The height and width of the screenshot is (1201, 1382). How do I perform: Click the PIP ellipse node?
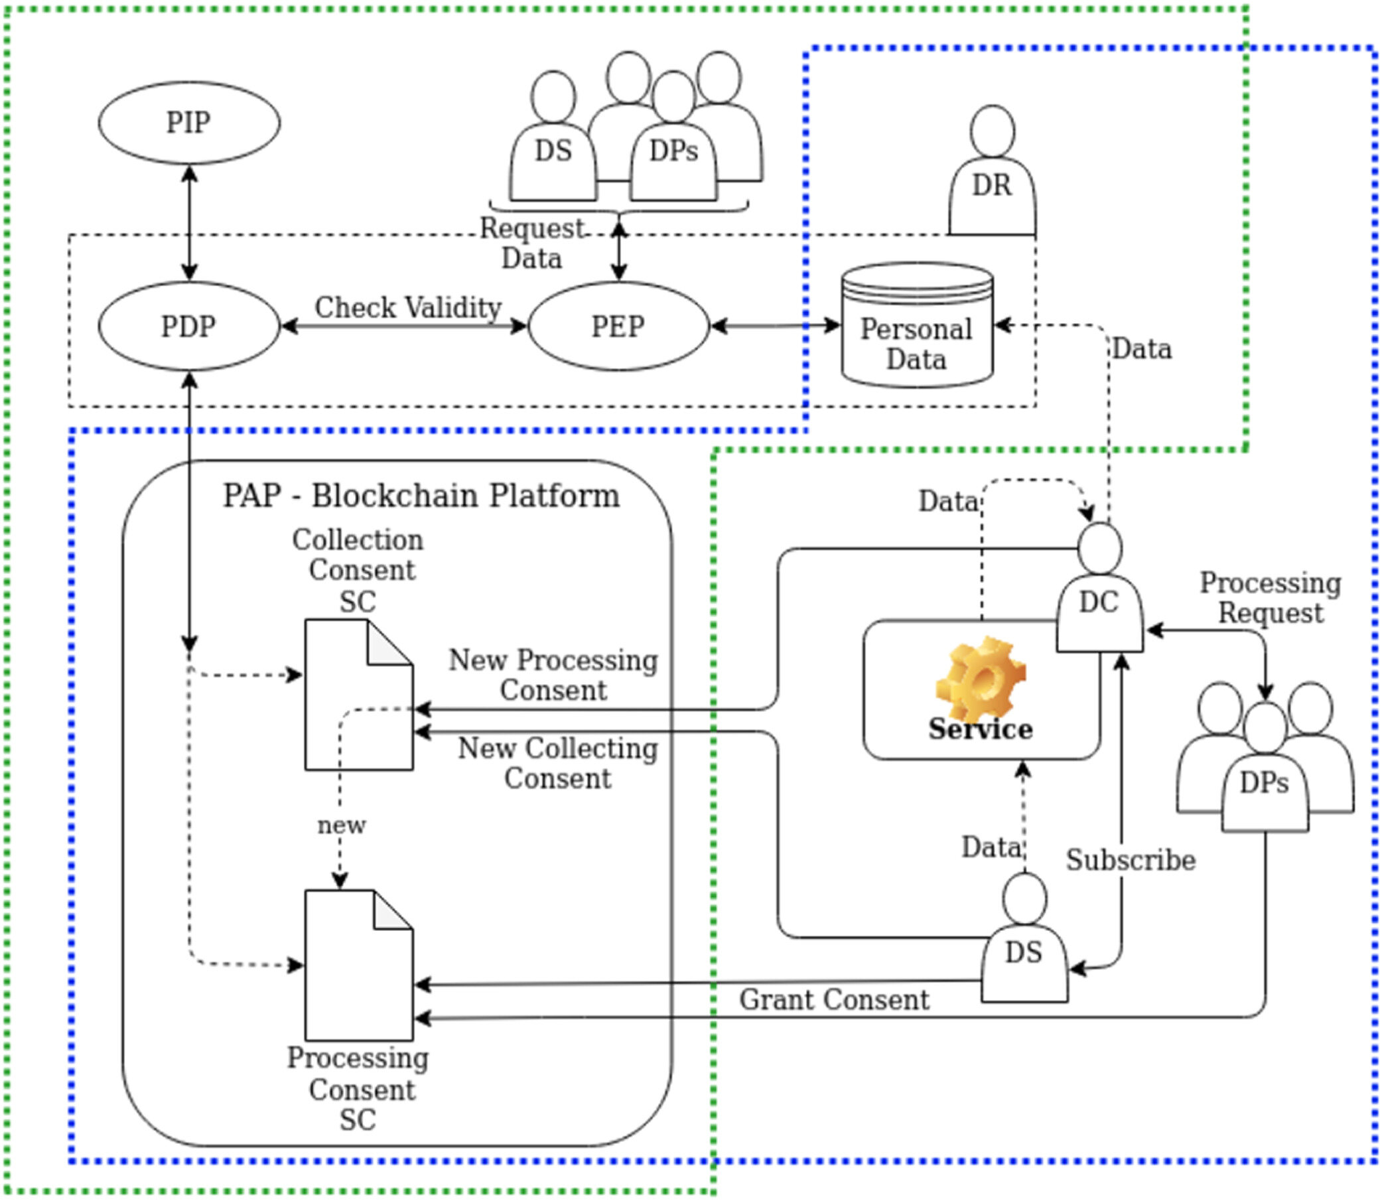click(x=189, y=123)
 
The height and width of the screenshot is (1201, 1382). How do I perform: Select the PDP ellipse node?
click(x=189, y=326)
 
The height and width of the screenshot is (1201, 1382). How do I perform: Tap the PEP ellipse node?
click(x=618, y=326)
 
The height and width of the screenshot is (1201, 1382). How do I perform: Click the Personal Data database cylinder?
click(x=917, y=326)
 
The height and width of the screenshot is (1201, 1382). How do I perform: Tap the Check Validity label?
click(x=408, y=309)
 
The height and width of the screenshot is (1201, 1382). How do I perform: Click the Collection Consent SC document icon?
click(x=358, y=694)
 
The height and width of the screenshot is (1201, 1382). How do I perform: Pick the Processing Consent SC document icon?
click(x=358, y=965)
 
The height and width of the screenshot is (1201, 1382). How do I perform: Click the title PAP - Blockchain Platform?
click(x=421, y=496)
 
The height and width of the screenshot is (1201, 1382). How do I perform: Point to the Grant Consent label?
click(x=834, y=1000)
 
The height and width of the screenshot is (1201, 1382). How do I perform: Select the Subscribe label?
click(x=1131, y=861)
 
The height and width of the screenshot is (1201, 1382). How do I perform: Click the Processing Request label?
click(x=1270, y=598)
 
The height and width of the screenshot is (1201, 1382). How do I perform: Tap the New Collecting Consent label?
click(x=557, y=763)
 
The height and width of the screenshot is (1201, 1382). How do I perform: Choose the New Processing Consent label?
click(x=553, y=675)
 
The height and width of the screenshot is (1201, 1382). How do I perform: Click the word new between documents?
click(x=342, y=825)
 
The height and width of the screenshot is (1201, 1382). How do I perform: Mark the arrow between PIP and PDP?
click(x=190, y=222)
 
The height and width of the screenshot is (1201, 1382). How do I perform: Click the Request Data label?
click(x=532, y=244)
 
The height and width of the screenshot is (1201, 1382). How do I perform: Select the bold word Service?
click(x=981, y=730)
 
